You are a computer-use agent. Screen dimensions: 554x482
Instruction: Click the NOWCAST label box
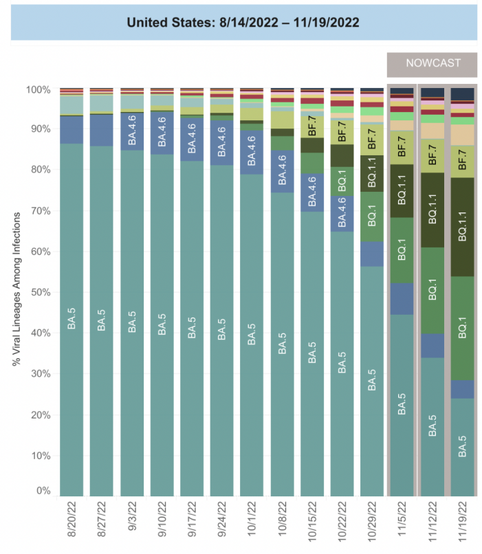(x=432, y=64)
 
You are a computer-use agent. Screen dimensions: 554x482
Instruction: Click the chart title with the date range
(x=243, y=21)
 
